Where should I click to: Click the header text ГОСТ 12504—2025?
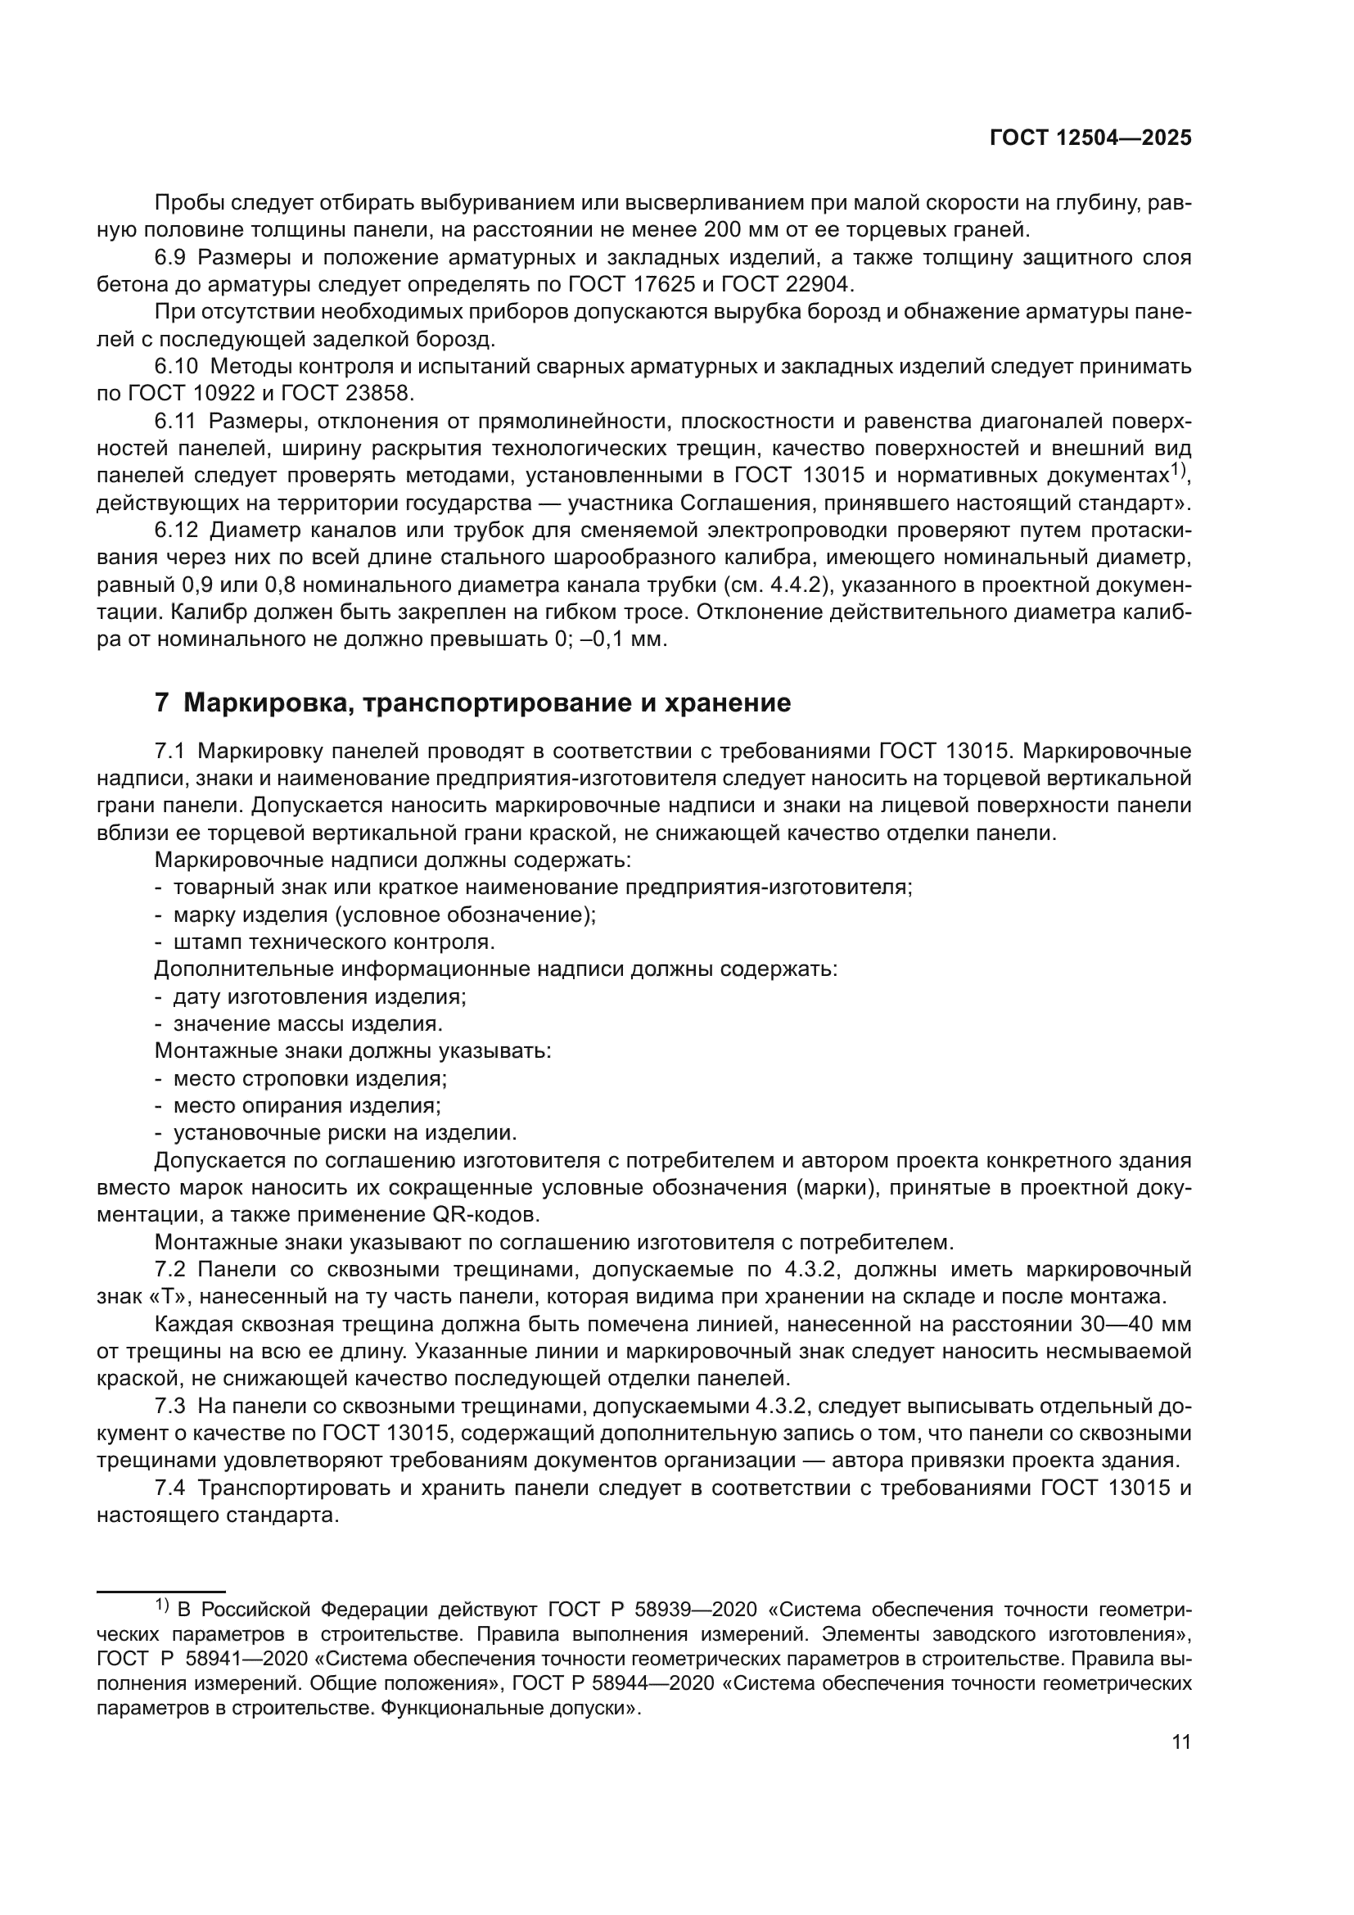point(1090,138)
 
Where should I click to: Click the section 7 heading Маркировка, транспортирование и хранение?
point(472,702)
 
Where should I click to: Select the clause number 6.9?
point(170,257)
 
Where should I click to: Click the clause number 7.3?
point(170,1407)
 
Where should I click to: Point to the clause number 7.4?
point(170,1488)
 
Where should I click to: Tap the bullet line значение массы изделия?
point(308,1023)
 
